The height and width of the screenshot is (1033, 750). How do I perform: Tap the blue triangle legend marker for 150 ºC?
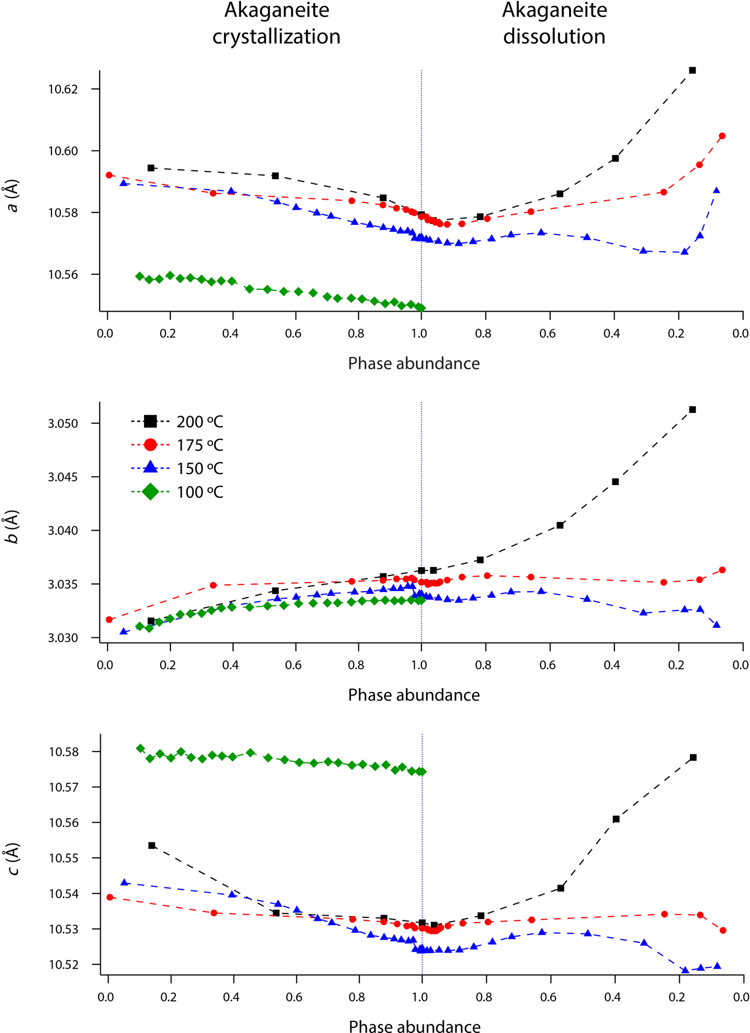[x=151, y=468]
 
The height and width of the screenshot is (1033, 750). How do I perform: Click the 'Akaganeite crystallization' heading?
[x=276, y=24]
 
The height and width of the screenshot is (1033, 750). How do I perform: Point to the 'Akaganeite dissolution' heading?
[x=554, y=24]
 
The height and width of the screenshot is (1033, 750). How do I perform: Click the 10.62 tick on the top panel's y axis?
[x=63, y=89]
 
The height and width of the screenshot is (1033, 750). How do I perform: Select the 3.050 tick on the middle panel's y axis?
[x=63, y=424]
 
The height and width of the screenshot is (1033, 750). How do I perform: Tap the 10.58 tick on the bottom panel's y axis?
[x=63, y=752]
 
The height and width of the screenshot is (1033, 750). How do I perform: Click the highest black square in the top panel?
[x=692, y=70]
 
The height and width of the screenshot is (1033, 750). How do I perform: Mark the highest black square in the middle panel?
[x=692, y=410]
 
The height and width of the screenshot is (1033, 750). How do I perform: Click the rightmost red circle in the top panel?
[x=722, y=136]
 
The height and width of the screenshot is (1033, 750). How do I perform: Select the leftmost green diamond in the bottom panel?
[x=140, y=748]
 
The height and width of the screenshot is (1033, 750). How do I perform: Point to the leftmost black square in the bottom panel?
[x=152, y=846]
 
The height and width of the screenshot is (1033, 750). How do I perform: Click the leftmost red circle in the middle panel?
[x=109, y=620]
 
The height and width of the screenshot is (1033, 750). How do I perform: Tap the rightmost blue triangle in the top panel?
[x=716, y=191]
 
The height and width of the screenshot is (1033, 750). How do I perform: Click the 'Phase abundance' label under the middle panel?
[x=414, y=695]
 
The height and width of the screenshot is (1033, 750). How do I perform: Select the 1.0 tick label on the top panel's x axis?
[x=419, y=334]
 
